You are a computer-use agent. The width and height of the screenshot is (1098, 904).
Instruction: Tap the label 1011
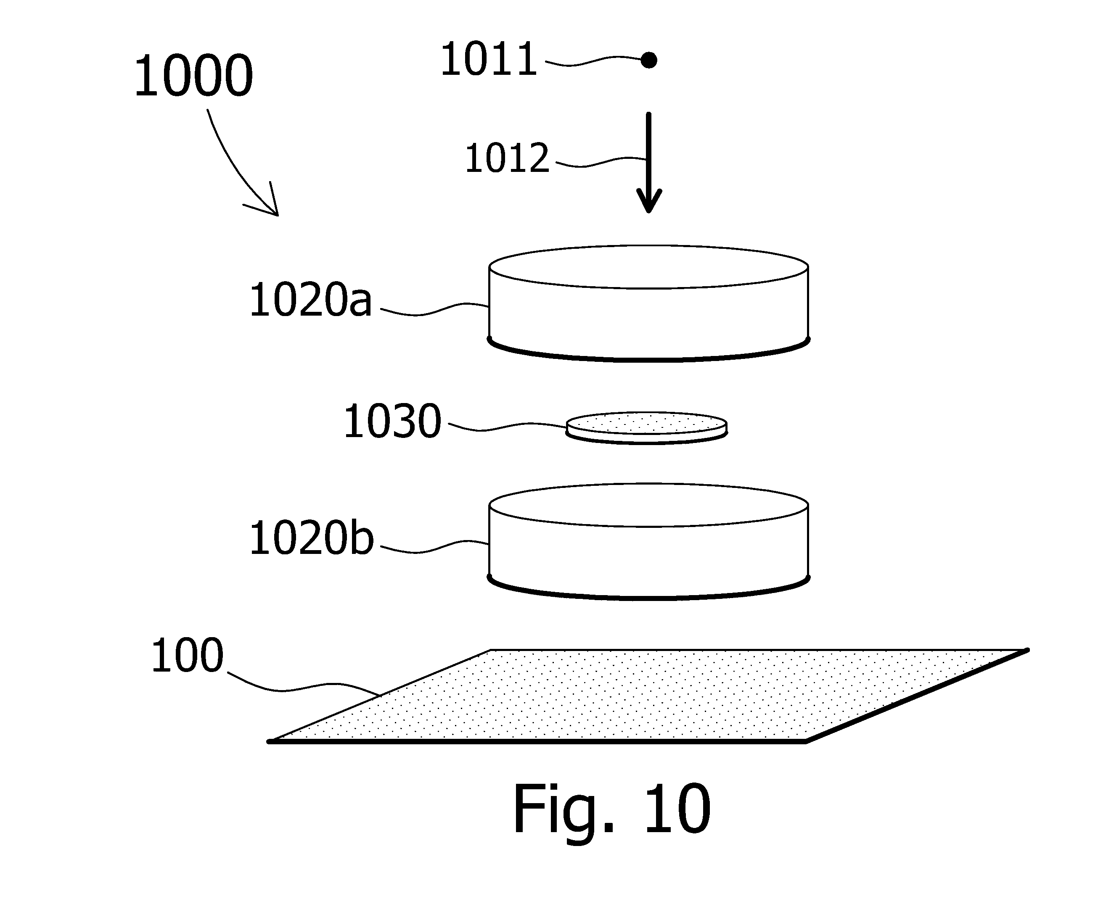click(x=489, y=59)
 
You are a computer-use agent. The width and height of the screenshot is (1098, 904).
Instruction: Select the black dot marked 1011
click(x=649, y=60)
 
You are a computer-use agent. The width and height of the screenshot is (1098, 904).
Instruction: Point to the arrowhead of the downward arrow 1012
click(x=649, y=200)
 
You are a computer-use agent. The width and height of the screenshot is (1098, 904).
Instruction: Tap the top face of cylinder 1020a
click(x=649, y=266)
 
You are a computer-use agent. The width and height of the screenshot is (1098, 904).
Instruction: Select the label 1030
click(x=392, y=421)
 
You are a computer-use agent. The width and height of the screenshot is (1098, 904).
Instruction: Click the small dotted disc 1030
click(x=647, y=427)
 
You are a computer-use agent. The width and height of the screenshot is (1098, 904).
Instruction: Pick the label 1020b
click(x=312, y=538)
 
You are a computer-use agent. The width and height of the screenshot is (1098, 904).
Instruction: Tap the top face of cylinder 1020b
click(x=649, y=505)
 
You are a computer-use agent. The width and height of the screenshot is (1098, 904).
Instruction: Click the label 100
click(x=187, y=656)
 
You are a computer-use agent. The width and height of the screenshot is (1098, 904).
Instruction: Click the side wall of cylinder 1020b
click(x=649, y=560)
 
